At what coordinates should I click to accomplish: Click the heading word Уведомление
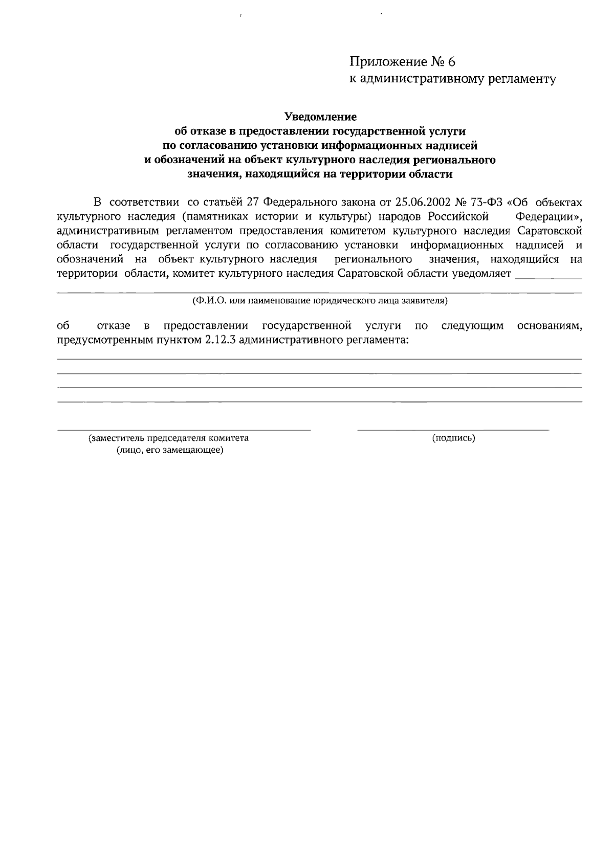coord(320,117)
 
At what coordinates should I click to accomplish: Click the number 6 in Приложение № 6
coord(450,62)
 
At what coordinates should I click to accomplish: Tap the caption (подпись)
coord(453,438)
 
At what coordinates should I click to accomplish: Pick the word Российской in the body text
coord(458,215)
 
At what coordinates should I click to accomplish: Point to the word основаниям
coord(549,326)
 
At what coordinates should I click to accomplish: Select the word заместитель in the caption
coord(117,438)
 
